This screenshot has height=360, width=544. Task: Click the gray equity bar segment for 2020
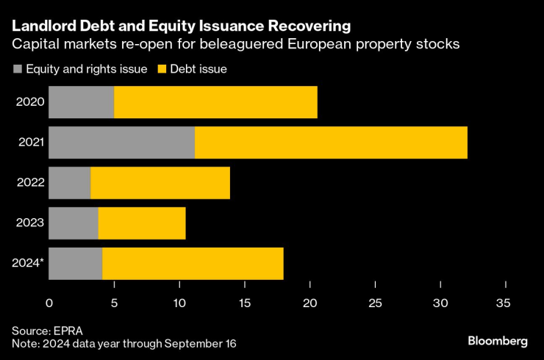[82, 102]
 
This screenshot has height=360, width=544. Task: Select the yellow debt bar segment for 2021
[331, 143]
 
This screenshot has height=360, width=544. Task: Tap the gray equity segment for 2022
[70, 183]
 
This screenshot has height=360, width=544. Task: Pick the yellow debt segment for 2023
[142, 223]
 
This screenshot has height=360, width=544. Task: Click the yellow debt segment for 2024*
[193, 264]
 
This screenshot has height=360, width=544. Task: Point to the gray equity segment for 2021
[122, 143]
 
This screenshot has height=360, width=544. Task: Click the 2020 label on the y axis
[31, 102]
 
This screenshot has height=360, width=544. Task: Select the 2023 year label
[31, 223]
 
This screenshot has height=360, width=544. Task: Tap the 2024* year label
[29, 264]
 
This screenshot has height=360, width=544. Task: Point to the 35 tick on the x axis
[506, 303]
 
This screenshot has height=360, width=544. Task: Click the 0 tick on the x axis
[49, 303]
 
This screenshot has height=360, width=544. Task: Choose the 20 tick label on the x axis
[309, 303]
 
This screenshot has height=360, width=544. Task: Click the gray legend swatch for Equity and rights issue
[18, 69]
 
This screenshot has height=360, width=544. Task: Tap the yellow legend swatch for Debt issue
[162, 69]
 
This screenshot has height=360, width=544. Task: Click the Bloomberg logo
[498, 341]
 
